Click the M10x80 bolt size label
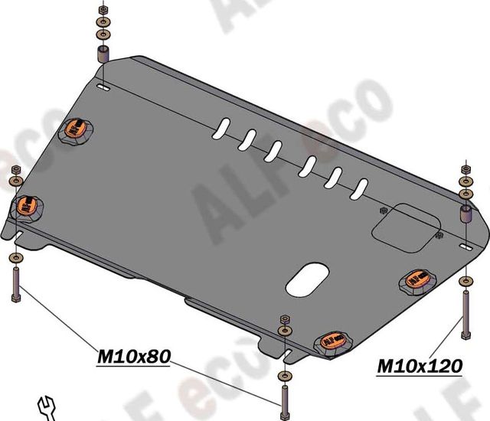132,356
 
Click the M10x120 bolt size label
419,367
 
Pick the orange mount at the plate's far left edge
27,205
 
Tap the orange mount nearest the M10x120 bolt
418,282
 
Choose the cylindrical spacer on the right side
465,212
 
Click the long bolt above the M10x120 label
464,315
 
